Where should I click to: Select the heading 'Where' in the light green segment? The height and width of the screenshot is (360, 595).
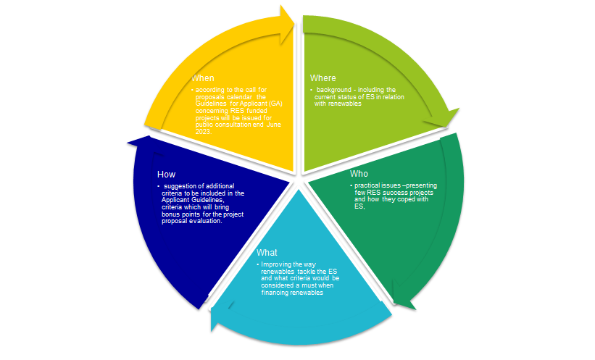[323, 78]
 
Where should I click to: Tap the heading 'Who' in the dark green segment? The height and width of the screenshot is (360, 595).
[359, 174]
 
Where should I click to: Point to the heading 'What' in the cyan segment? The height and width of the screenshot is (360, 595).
[267, 252]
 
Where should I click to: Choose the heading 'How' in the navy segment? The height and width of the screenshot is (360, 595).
[165, 174]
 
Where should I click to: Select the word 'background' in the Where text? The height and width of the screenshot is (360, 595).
[335, 89]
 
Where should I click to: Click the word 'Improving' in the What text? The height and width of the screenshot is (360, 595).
[276, 265]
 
